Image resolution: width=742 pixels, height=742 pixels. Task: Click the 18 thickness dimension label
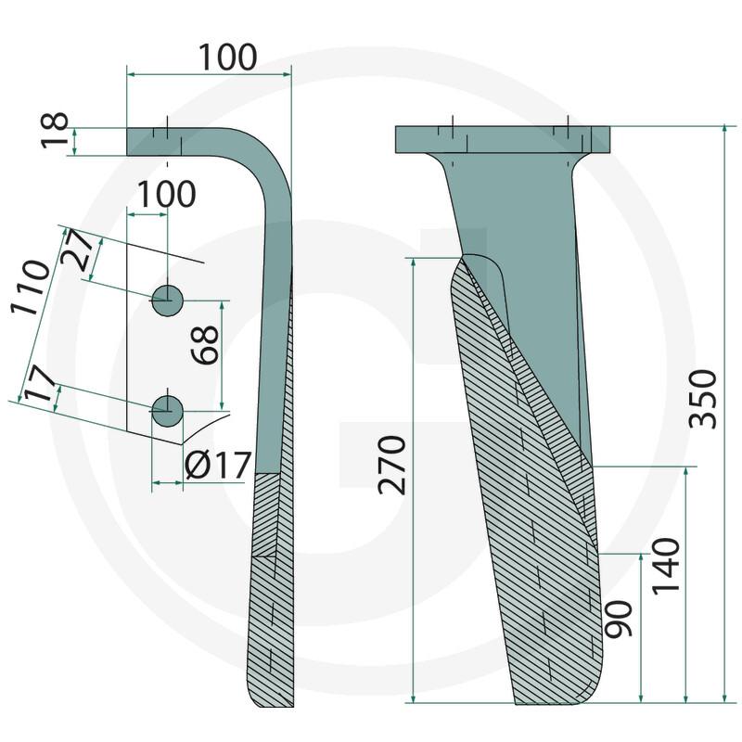pyautogui.click(x=55, y=131)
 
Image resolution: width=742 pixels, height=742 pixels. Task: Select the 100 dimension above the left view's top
pyautogui.click(x=227, y=58)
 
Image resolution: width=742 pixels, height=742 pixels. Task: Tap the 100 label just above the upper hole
pyautogui.click(x=166, y=194)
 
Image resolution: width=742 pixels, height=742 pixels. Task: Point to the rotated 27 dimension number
pyautogui.click(x=79, y=249)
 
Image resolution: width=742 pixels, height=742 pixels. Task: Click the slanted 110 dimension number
pyautogui.click(x=31, y=288)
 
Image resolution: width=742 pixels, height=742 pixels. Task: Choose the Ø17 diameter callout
pyautogui.click(x=217, y=466)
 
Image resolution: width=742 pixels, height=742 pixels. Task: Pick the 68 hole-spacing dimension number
pyautogui.click(x=205, y=344)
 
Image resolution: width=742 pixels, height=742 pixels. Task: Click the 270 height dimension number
pyautogui.click(x=391, y=466)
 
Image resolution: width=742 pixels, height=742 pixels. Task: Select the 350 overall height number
pyautogui.click(x=703, y=399)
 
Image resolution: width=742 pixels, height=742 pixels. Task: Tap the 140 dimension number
pyautogui.click(x=666, y=566)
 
